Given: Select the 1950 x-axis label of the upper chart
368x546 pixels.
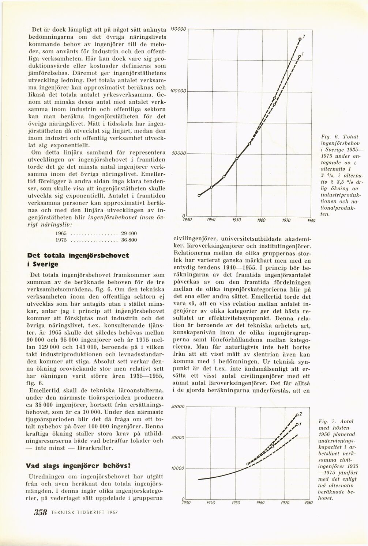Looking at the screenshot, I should coord(237,220).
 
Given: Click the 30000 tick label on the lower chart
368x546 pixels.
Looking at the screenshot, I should coord(178,406).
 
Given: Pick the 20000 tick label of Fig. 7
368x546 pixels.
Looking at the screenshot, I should coord(178,437).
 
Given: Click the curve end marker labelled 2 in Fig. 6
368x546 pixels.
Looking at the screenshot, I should coord(300,38).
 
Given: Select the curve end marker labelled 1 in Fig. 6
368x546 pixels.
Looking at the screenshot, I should coord(299,57).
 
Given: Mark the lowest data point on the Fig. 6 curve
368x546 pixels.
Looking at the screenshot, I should coord(199,196).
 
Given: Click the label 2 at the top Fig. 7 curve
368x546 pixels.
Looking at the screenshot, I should coord(301,413).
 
